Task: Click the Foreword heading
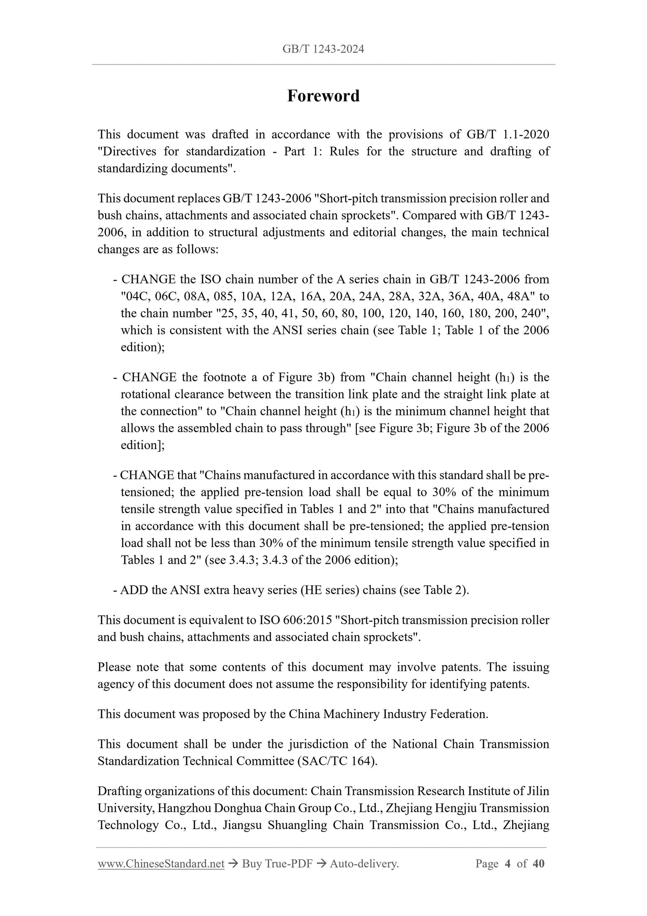tap(323, 96)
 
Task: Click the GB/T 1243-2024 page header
tap(323, 49)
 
